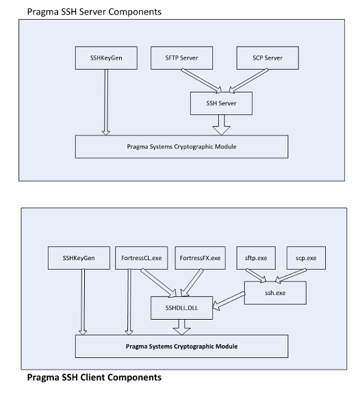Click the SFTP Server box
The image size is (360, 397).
click(x=182, y=58)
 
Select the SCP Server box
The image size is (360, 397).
click(x=268, y=58)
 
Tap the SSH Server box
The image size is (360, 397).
click(x=221, y=103)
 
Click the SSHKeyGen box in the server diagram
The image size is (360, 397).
click(x=106, y=58)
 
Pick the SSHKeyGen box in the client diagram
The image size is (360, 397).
click(x=79, y=258)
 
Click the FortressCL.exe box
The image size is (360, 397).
click(x=141, y=258)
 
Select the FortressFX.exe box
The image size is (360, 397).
click(x=201, y=258)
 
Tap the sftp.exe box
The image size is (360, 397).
click(x=256, y=258)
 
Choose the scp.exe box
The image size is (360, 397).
click(x=306, y=258)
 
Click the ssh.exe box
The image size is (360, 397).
click(x=275, y=293)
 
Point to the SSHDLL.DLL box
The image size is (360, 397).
click(x=182, y=308)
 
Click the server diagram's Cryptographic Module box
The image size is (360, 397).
click(x=182, y=146)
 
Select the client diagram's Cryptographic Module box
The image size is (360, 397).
click(x=182, y=346)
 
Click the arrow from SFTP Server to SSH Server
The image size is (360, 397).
click(x=201, y=81)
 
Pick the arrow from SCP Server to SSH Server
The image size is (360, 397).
click(x=248, y=81)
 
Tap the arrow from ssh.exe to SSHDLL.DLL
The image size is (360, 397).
click(x=229, y=300)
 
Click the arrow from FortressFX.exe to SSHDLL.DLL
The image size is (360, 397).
click(x=192, y=283)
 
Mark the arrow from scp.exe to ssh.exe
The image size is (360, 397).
click(x=291, y=276)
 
